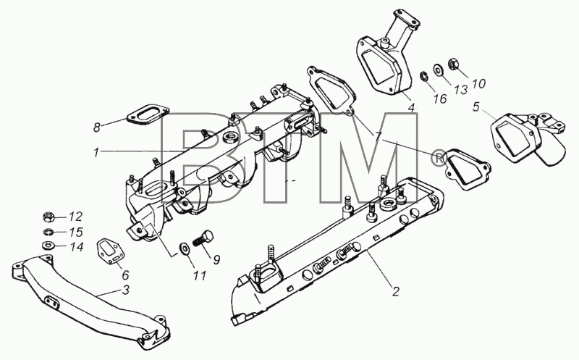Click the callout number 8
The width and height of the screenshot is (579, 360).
point(97,128)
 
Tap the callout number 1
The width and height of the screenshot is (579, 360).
point(96,152)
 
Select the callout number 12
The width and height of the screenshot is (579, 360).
point(75,217)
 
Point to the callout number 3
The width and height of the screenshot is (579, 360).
point(126,290)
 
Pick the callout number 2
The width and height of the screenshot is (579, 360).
point(395,291)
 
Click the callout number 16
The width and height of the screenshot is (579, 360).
point(440,99)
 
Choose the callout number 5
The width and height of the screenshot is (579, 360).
point(476,106)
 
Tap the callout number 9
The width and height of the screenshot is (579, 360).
point(216,259)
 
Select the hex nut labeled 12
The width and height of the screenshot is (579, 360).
point(49,217)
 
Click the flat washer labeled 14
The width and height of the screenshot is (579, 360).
point(48,245)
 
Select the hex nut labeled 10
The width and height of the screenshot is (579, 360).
point(454,64)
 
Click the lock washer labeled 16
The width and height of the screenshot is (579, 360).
point(424,78)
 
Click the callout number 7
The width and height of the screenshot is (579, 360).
point(379,137)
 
